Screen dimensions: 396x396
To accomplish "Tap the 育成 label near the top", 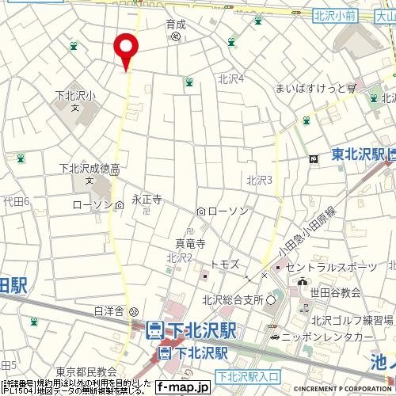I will click(175, 25).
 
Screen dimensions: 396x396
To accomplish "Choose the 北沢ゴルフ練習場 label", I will click(352, 320).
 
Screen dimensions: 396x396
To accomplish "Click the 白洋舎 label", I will click(110, 310).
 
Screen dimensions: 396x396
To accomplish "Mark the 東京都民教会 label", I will click(86, 371).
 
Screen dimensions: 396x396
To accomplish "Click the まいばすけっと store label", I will click(311, 89).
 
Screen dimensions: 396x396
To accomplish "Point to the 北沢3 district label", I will click(259, 180).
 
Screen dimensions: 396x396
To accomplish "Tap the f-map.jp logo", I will click(181, 387).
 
